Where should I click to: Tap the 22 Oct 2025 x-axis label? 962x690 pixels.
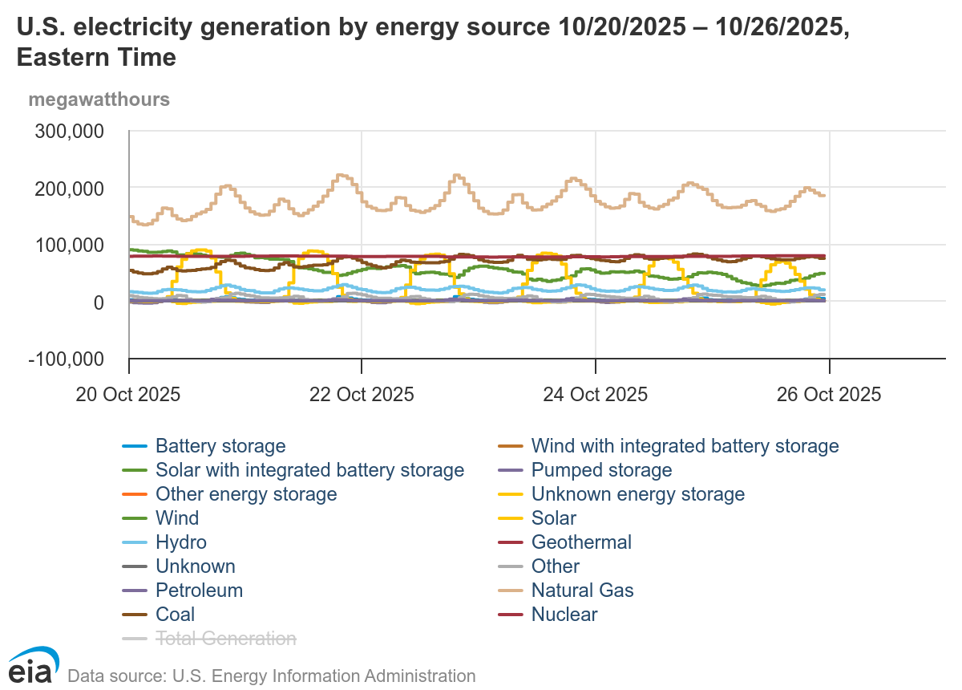pyautogui.click(x=362, y=395)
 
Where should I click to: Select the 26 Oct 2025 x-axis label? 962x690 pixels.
pyautogui.click(x=829, y=395)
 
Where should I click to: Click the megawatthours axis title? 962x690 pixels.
pyautogui.click(x=99, y=100)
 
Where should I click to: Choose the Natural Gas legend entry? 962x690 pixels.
pyautogui.click(x=582, y=591)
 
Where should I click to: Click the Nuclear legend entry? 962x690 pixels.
pyautogui.click(x=564, y=615)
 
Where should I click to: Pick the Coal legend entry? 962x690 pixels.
pyautogui.click(x=175, y=615)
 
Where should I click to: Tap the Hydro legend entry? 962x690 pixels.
pyautogui.click(x=181, y=542)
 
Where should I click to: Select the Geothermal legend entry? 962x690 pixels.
pyautogui.click(x=581, y=542)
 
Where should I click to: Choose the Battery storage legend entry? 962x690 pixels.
pyautogui.click(x=220, y=446)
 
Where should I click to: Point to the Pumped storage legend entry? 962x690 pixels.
pyautogui.click(x=601, y=470)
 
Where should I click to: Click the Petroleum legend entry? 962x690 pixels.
pyautogui.click(x=199, y=591)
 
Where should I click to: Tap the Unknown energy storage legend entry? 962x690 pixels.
pyautogui.click(x=638, y=494)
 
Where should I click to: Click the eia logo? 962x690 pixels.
pyautogui.click(x=30, y=666)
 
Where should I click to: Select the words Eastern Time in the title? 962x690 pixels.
pyautogui.click(x=96, y=58)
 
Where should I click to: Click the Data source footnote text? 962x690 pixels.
pyautogui.click(x=272, y=676)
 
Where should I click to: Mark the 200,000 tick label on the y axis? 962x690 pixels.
pyautogui.click(x=71, y=188)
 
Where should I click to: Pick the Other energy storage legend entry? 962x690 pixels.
pyautogui.click(x=246, y=494)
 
